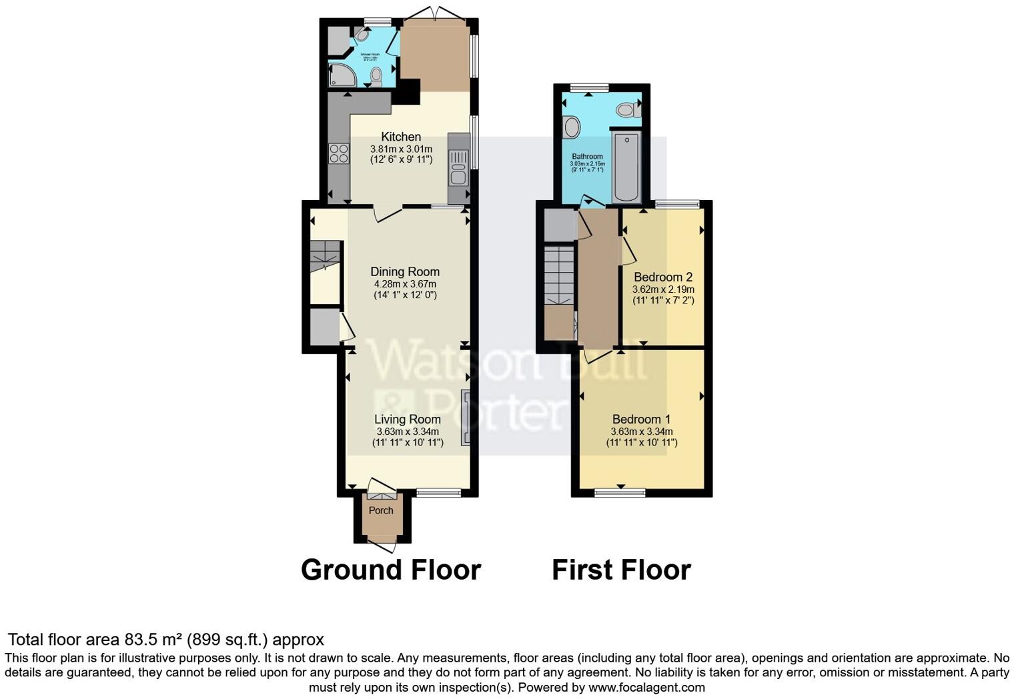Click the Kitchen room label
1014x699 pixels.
[x=401, y=137]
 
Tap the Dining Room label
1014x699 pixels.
[x=405, y=271]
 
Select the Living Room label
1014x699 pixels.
[x=407, y=419]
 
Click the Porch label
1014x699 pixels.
[x=381, y=510]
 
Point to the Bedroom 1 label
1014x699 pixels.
[x=641, y=419]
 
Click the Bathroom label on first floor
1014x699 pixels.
[x=587, y=157]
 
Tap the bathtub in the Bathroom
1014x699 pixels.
[x=626, y=167]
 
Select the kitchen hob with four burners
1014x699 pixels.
[x=338, y=154]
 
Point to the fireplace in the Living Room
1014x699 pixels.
[x=466, y=418]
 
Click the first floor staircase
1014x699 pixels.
[x=559, y=275]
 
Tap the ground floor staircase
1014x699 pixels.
[x=326, y=255]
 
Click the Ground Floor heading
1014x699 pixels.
[x=390, y=570]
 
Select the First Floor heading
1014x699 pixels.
[x=621, y=570]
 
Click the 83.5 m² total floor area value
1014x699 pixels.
[x=153, y=640]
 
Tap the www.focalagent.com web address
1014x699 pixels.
[x=646, y=687]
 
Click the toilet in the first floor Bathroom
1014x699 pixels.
[x=627, y=109]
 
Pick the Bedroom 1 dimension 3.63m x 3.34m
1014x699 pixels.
[x=641, y=432]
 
